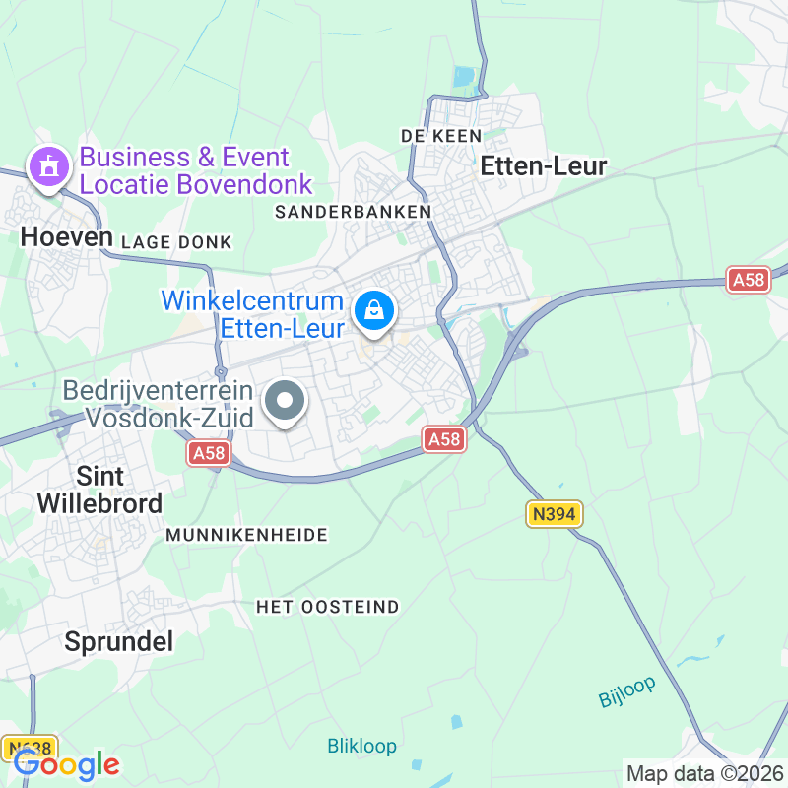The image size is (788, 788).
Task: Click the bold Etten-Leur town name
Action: [543, 167]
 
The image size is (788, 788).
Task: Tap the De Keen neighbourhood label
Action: [440, 135]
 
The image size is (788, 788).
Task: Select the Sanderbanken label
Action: [353, 212]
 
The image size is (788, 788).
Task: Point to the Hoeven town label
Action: [66, 235]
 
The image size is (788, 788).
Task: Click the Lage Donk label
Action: [176, 242]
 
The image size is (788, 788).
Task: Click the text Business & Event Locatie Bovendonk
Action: [195, 170]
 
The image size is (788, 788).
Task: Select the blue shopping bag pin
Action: [374, 311]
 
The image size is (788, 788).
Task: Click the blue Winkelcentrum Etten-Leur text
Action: [252, 314]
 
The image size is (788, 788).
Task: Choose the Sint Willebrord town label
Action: [99, 490]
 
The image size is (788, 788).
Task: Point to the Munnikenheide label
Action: [246, 535]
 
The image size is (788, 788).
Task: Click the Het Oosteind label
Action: [328, 607]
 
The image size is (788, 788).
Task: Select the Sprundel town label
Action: [118, 642]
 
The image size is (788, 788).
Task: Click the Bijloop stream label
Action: [627, 691]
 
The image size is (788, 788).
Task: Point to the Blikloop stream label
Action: [361, 746]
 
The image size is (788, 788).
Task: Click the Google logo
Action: [67, 764]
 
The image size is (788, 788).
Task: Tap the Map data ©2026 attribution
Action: [704, 773]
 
